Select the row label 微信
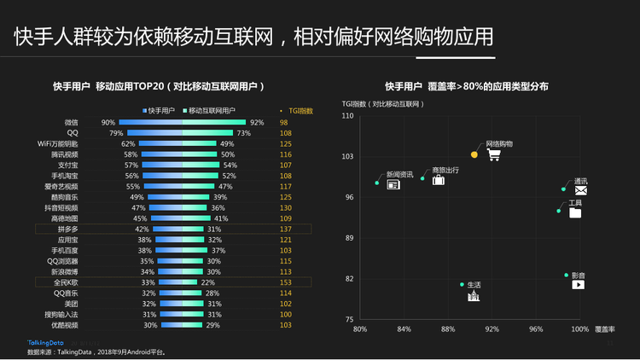pyautogui.click(x=71, y=122)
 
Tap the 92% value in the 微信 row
pyautogui.click(x=257, y=122)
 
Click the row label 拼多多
pyautogui.click(x=67, y=229)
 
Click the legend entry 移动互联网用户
pyautogui.click(x=211, y=110)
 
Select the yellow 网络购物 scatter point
pyautogui.click(x=474, y=154)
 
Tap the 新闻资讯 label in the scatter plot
pyautogui.click(x=399, y=174)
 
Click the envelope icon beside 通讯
pyautogui.click(x=580, y=191)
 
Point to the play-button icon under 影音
pyautogui.click(x=578, y=284)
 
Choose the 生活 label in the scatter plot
pyautogui.click(x=474, y=285)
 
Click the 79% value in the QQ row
pyautogui.click(x=116, y=133)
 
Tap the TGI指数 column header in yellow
pyautogui.click(x=300, y=110)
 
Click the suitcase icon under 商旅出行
pyautogui.click(x=438, y=180)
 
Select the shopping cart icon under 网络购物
pyautogui.click(x=492, y=154)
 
